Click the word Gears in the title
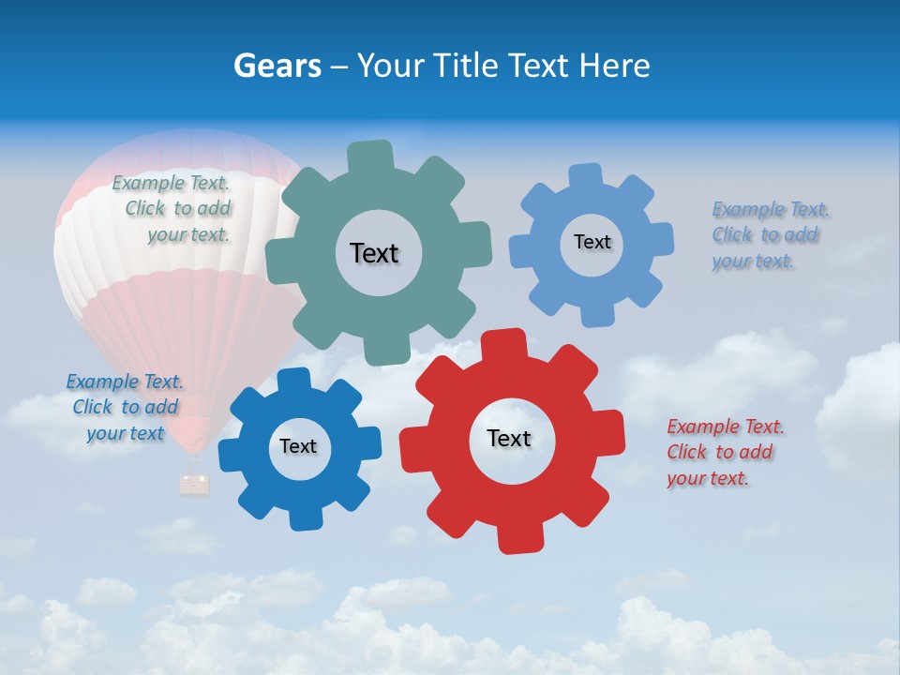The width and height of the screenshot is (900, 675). pos(277,66)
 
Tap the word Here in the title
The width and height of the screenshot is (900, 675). pos(614,66)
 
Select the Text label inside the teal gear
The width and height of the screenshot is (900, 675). pos(374,253)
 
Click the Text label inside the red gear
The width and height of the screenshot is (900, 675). pos(509,438)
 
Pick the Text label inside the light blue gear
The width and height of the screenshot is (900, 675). pos(592,242)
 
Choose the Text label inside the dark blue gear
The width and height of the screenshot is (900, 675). pos(298,446)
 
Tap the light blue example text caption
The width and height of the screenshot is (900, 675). pos(770,234)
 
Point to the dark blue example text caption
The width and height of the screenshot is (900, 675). pos(125,407)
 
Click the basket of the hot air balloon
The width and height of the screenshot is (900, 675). pos(195,484)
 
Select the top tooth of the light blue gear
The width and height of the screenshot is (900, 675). pos(586,175)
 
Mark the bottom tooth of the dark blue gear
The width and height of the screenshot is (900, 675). pos(305,517)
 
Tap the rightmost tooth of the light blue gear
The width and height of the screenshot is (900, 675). pos(661,238)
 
